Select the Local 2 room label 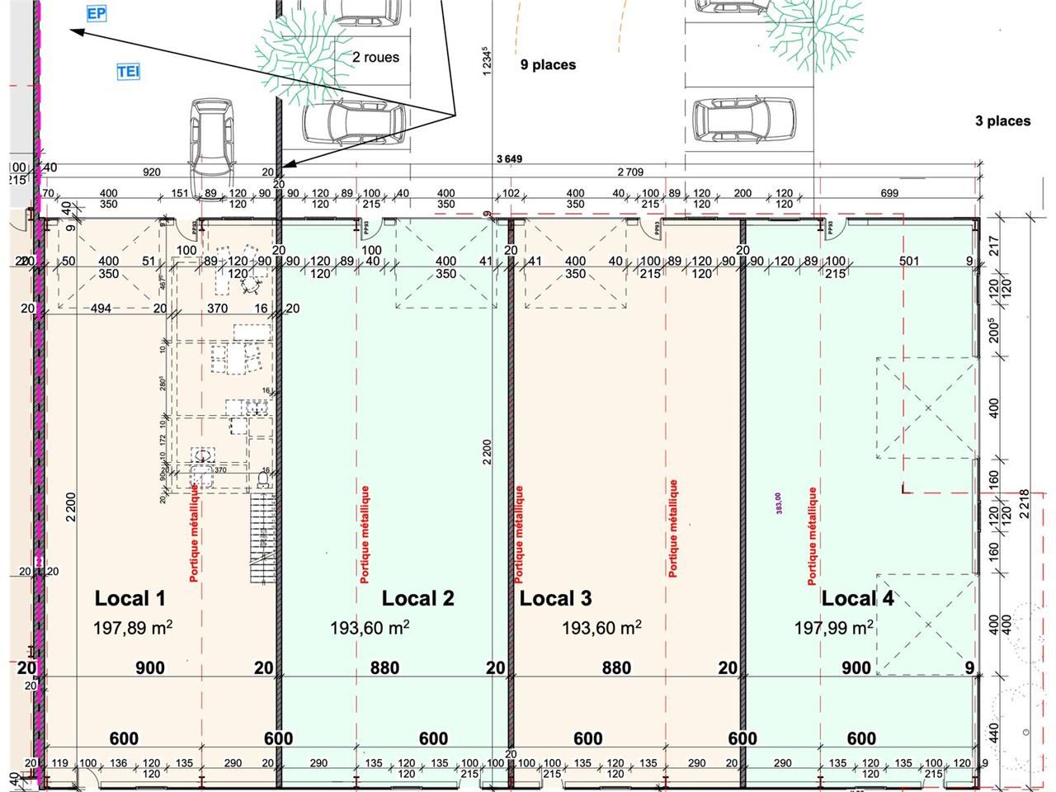coord(417,599)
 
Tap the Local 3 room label coord(555,599)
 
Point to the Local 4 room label coord(857,599)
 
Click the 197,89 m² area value coord(132,628)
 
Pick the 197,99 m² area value coord(833,628)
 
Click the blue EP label coord(96,14)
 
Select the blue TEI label coord(128,72)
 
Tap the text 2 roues coord(375,58)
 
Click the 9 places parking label coord(548,65)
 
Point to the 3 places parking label coord(1002,121)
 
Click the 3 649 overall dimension coord(509,159)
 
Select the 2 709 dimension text coord(630,172)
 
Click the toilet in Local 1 coord(264,478)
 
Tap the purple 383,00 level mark coord(779,503)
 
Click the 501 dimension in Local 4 coord(909,262)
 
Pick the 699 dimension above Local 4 coord(889,193)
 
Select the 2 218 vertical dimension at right coord(1025,503)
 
